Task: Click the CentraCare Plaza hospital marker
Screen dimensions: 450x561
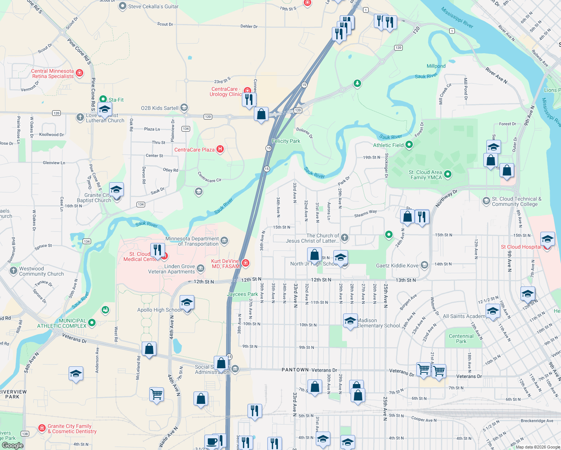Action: pos(220,149)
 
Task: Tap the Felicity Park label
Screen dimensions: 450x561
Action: pos(286,141)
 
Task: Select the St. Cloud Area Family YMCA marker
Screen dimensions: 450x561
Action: pos(447,174)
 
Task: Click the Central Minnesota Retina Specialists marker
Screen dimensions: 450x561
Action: pos(79,73)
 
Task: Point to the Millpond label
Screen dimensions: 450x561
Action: pos(436,66)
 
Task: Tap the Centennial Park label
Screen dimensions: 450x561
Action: pos(461,339)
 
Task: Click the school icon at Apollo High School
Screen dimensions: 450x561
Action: pos(187,303)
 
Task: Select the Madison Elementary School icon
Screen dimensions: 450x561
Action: pos(350,321)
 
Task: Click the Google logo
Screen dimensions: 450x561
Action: pos(12,445)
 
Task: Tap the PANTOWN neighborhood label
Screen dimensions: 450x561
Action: pos(295,370)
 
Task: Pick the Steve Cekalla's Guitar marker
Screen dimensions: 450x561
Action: pos(122,6)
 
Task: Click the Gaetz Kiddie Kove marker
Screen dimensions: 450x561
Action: pos(424,265)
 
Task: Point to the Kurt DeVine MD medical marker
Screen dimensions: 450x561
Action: pos(245,263)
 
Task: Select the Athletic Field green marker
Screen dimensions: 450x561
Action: pos(409,144)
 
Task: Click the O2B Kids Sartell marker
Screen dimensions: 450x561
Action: pos(184,108)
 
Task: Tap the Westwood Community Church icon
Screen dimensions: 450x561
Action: pos(13,270)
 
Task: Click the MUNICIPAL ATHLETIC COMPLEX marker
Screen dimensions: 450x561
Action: pos(92,322)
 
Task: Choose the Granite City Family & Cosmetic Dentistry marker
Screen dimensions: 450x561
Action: pos(42,428)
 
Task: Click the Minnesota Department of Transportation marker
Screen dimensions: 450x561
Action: pos(224,240)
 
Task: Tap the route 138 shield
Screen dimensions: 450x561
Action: pos(25,433)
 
